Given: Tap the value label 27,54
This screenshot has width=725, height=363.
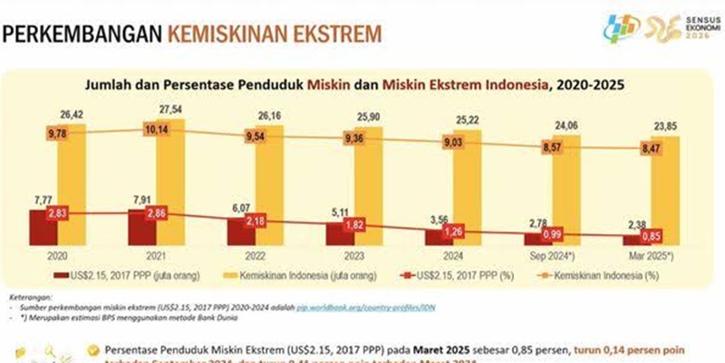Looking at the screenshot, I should point(171,109).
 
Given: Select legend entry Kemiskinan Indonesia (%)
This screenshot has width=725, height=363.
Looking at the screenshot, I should point(605,271).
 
